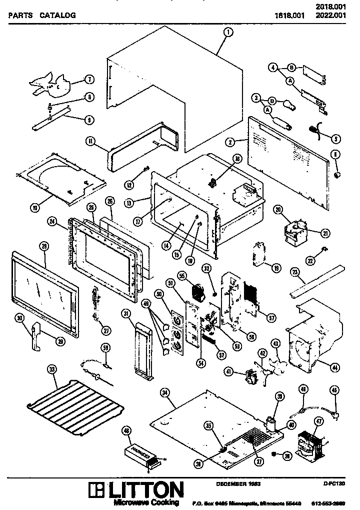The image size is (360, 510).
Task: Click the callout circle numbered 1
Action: (228, 33)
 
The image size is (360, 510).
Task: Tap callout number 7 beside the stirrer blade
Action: (89, 79)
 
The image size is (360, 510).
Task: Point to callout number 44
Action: (334, 368)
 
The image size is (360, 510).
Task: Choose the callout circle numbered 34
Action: (164, 393)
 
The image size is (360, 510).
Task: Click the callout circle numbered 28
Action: (44, 246)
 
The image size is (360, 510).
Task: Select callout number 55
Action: (182, 276)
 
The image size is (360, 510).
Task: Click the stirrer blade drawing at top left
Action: (52, 83)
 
